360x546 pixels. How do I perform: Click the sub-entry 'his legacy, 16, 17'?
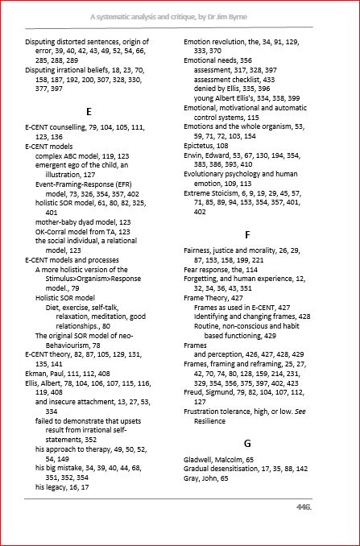[x=62, y=487]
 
